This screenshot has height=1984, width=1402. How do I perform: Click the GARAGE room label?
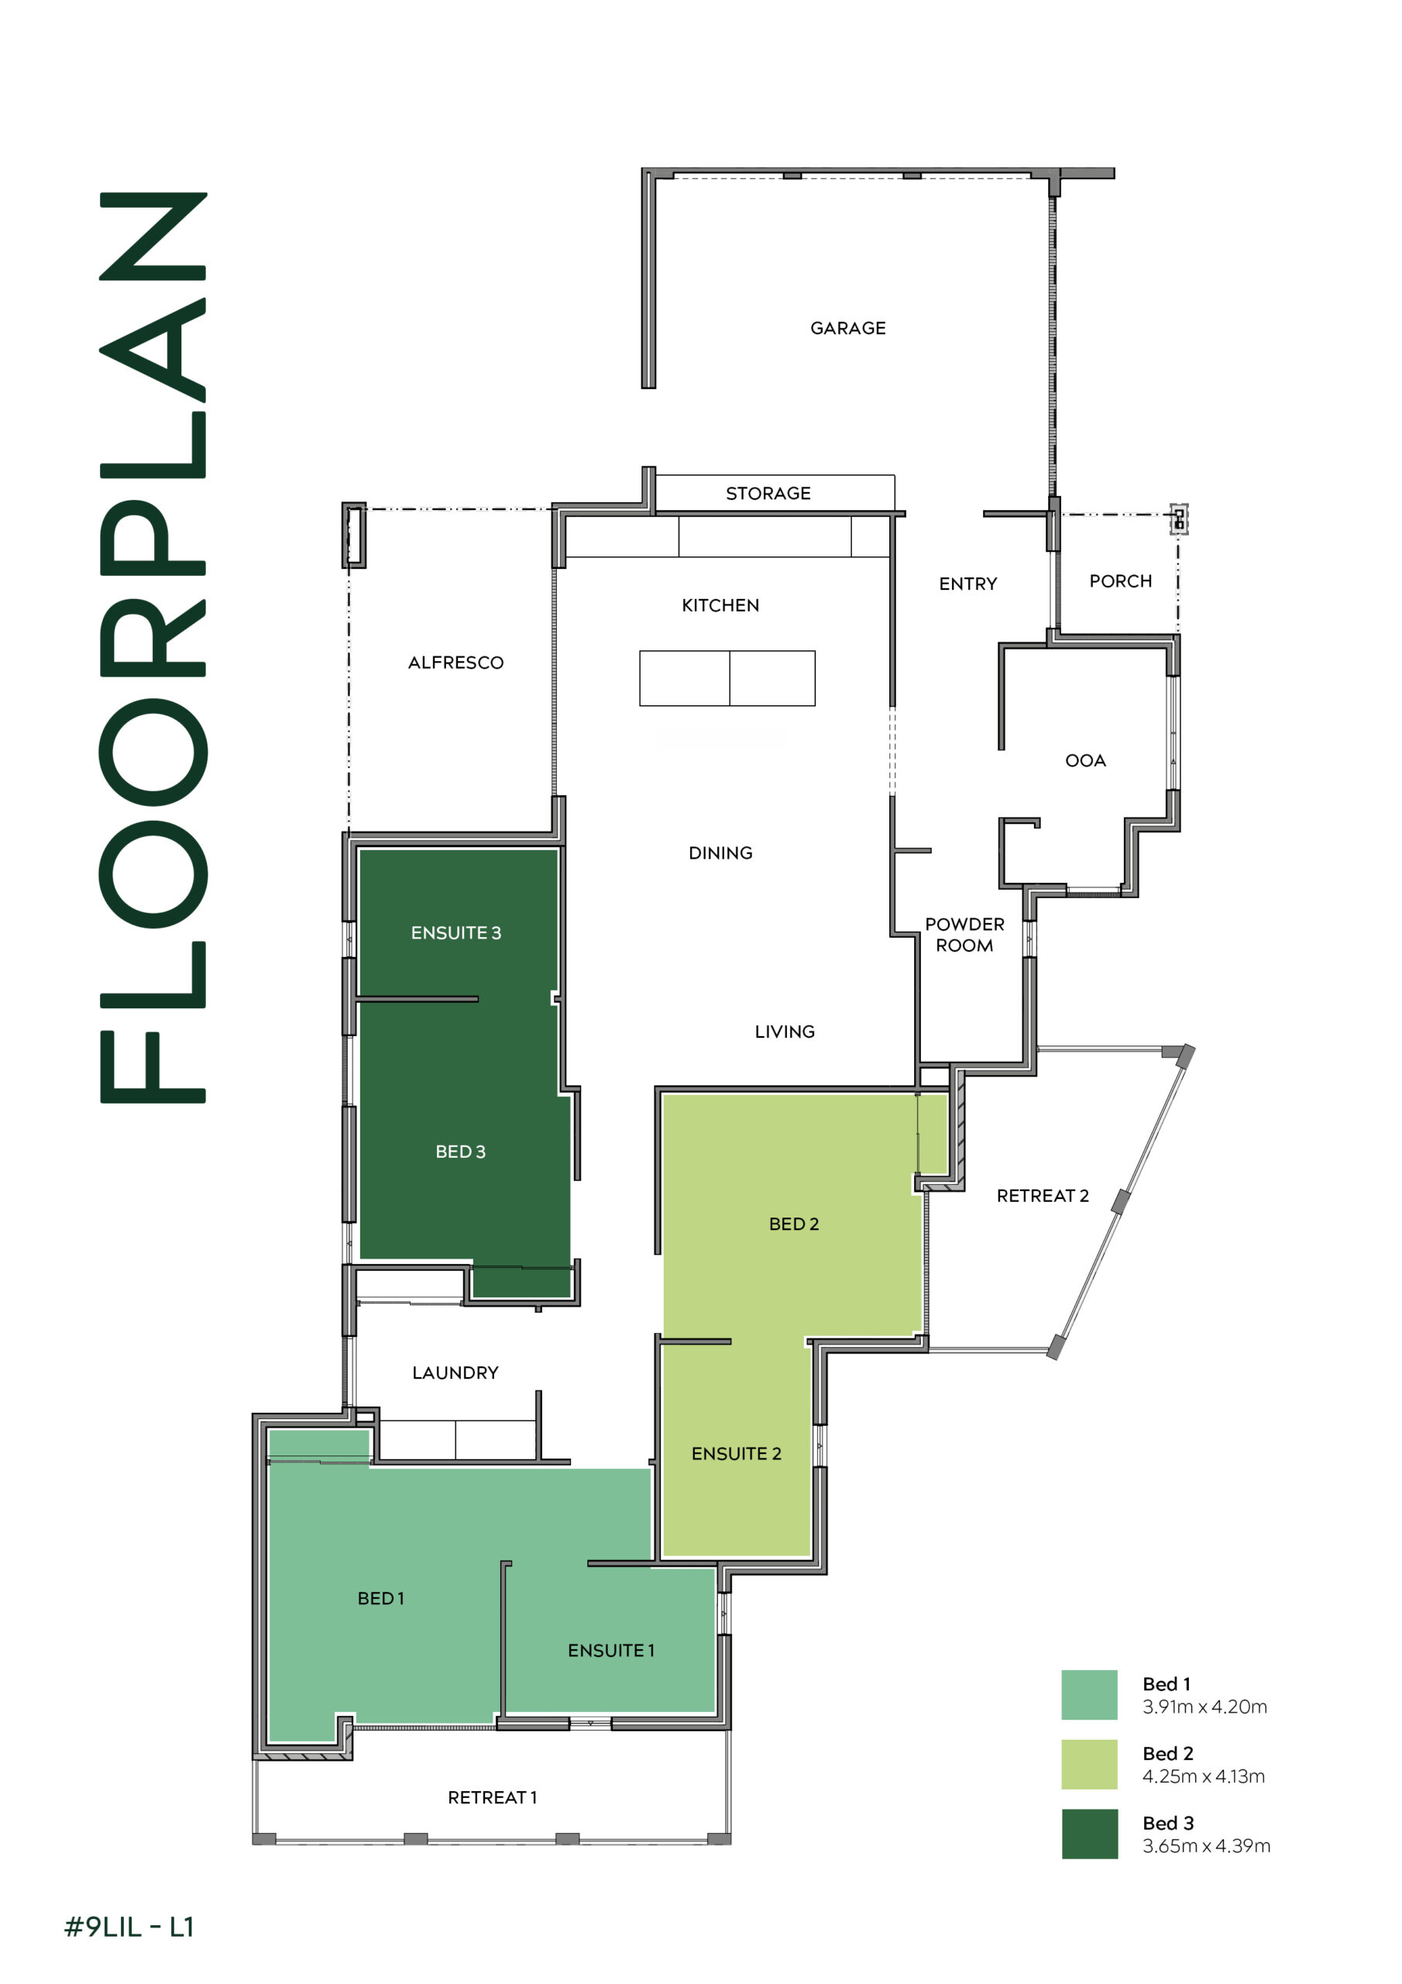pyautogui.click(x=847, y=329)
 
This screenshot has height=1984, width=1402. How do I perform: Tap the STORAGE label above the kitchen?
pyautogui.click(x=768, y=494)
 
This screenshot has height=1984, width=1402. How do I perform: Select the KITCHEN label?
pyautogui.click(x=720, y=606)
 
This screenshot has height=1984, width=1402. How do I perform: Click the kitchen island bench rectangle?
pyautogui.click(x=727, y=678)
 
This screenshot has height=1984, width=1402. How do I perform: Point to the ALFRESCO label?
pyautogui.click(x=456, y=663)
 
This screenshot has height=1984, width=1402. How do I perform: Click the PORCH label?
pyautogui.click(x=1120, y=581)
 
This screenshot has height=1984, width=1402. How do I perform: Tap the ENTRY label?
pyautogui.click(x=968, y=584)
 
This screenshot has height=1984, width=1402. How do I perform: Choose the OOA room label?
pyautogui.click(x=1086, y=761)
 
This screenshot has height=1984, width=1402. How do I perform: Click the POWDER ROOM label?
pyautogui.click(x=965, y=935)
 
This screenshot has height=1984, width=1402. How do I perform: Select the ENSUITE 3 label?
pyautogui.click(x=456, y=933)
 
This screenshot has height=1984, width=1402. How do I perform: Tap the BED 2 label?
pyautogui.click(x=794, y=1224)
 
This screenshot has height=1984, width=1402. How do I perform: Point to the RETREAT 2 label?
pyautogui.click(x=1043, y=1196)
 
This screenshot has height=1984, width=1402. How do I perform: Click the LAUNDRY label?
pyautogui.click(x=455, y=1373)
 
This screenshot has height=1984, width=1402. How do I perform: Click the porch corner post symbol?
pyautogui.click(x=1179, y=519)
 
